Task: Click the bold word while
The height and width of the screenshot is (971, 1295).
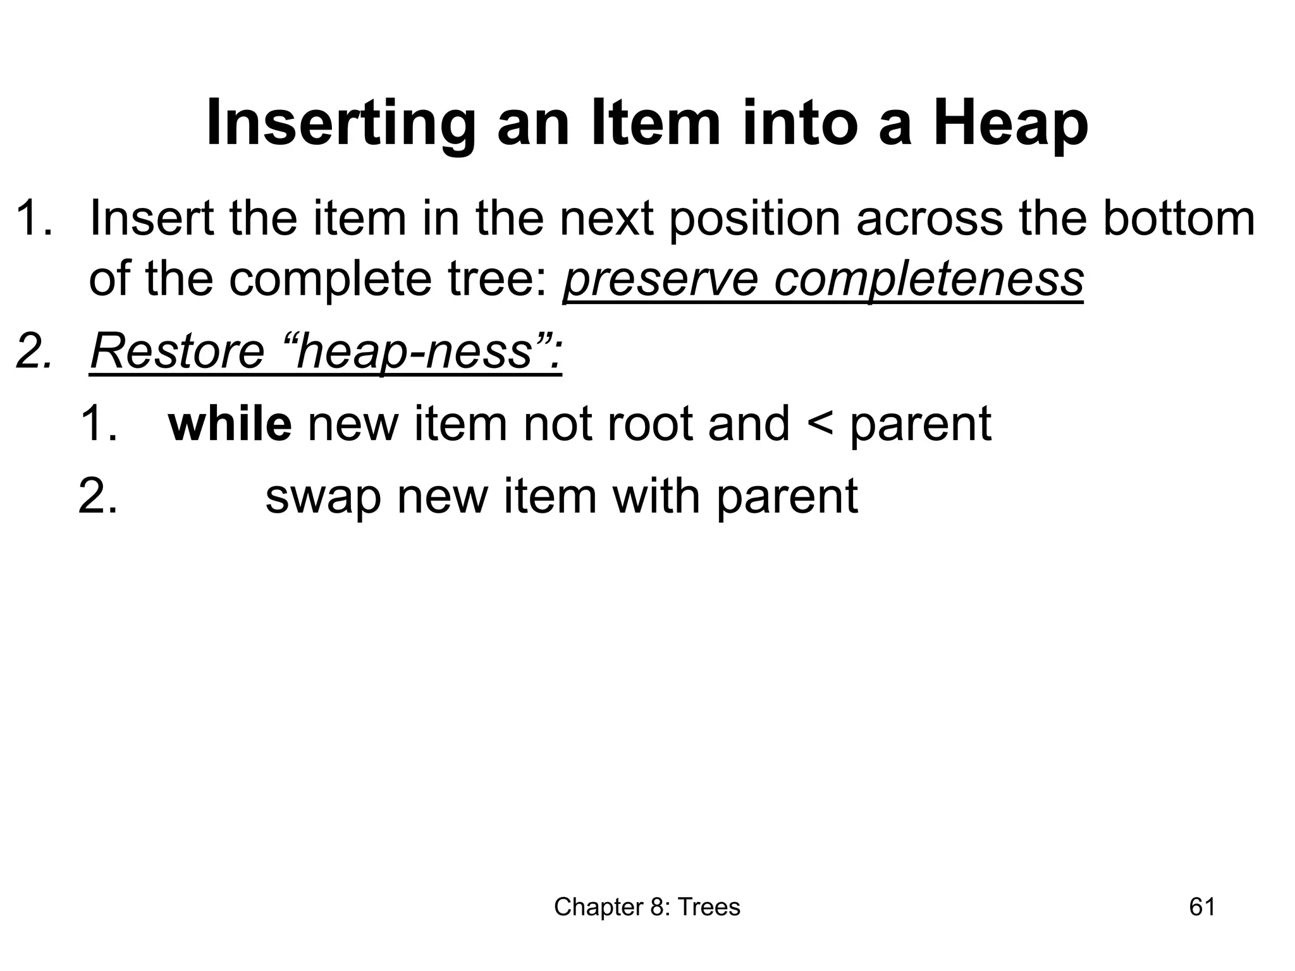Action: [x=230, y=424]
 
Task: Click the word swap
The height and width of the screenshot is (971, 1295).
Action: [x=322, y=497]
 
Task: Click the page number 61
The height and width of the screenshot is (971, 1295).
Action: [x=1202, y=907]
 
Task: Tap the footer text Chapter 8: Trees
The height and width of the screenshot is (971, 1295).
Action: [x=647, y=907]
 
